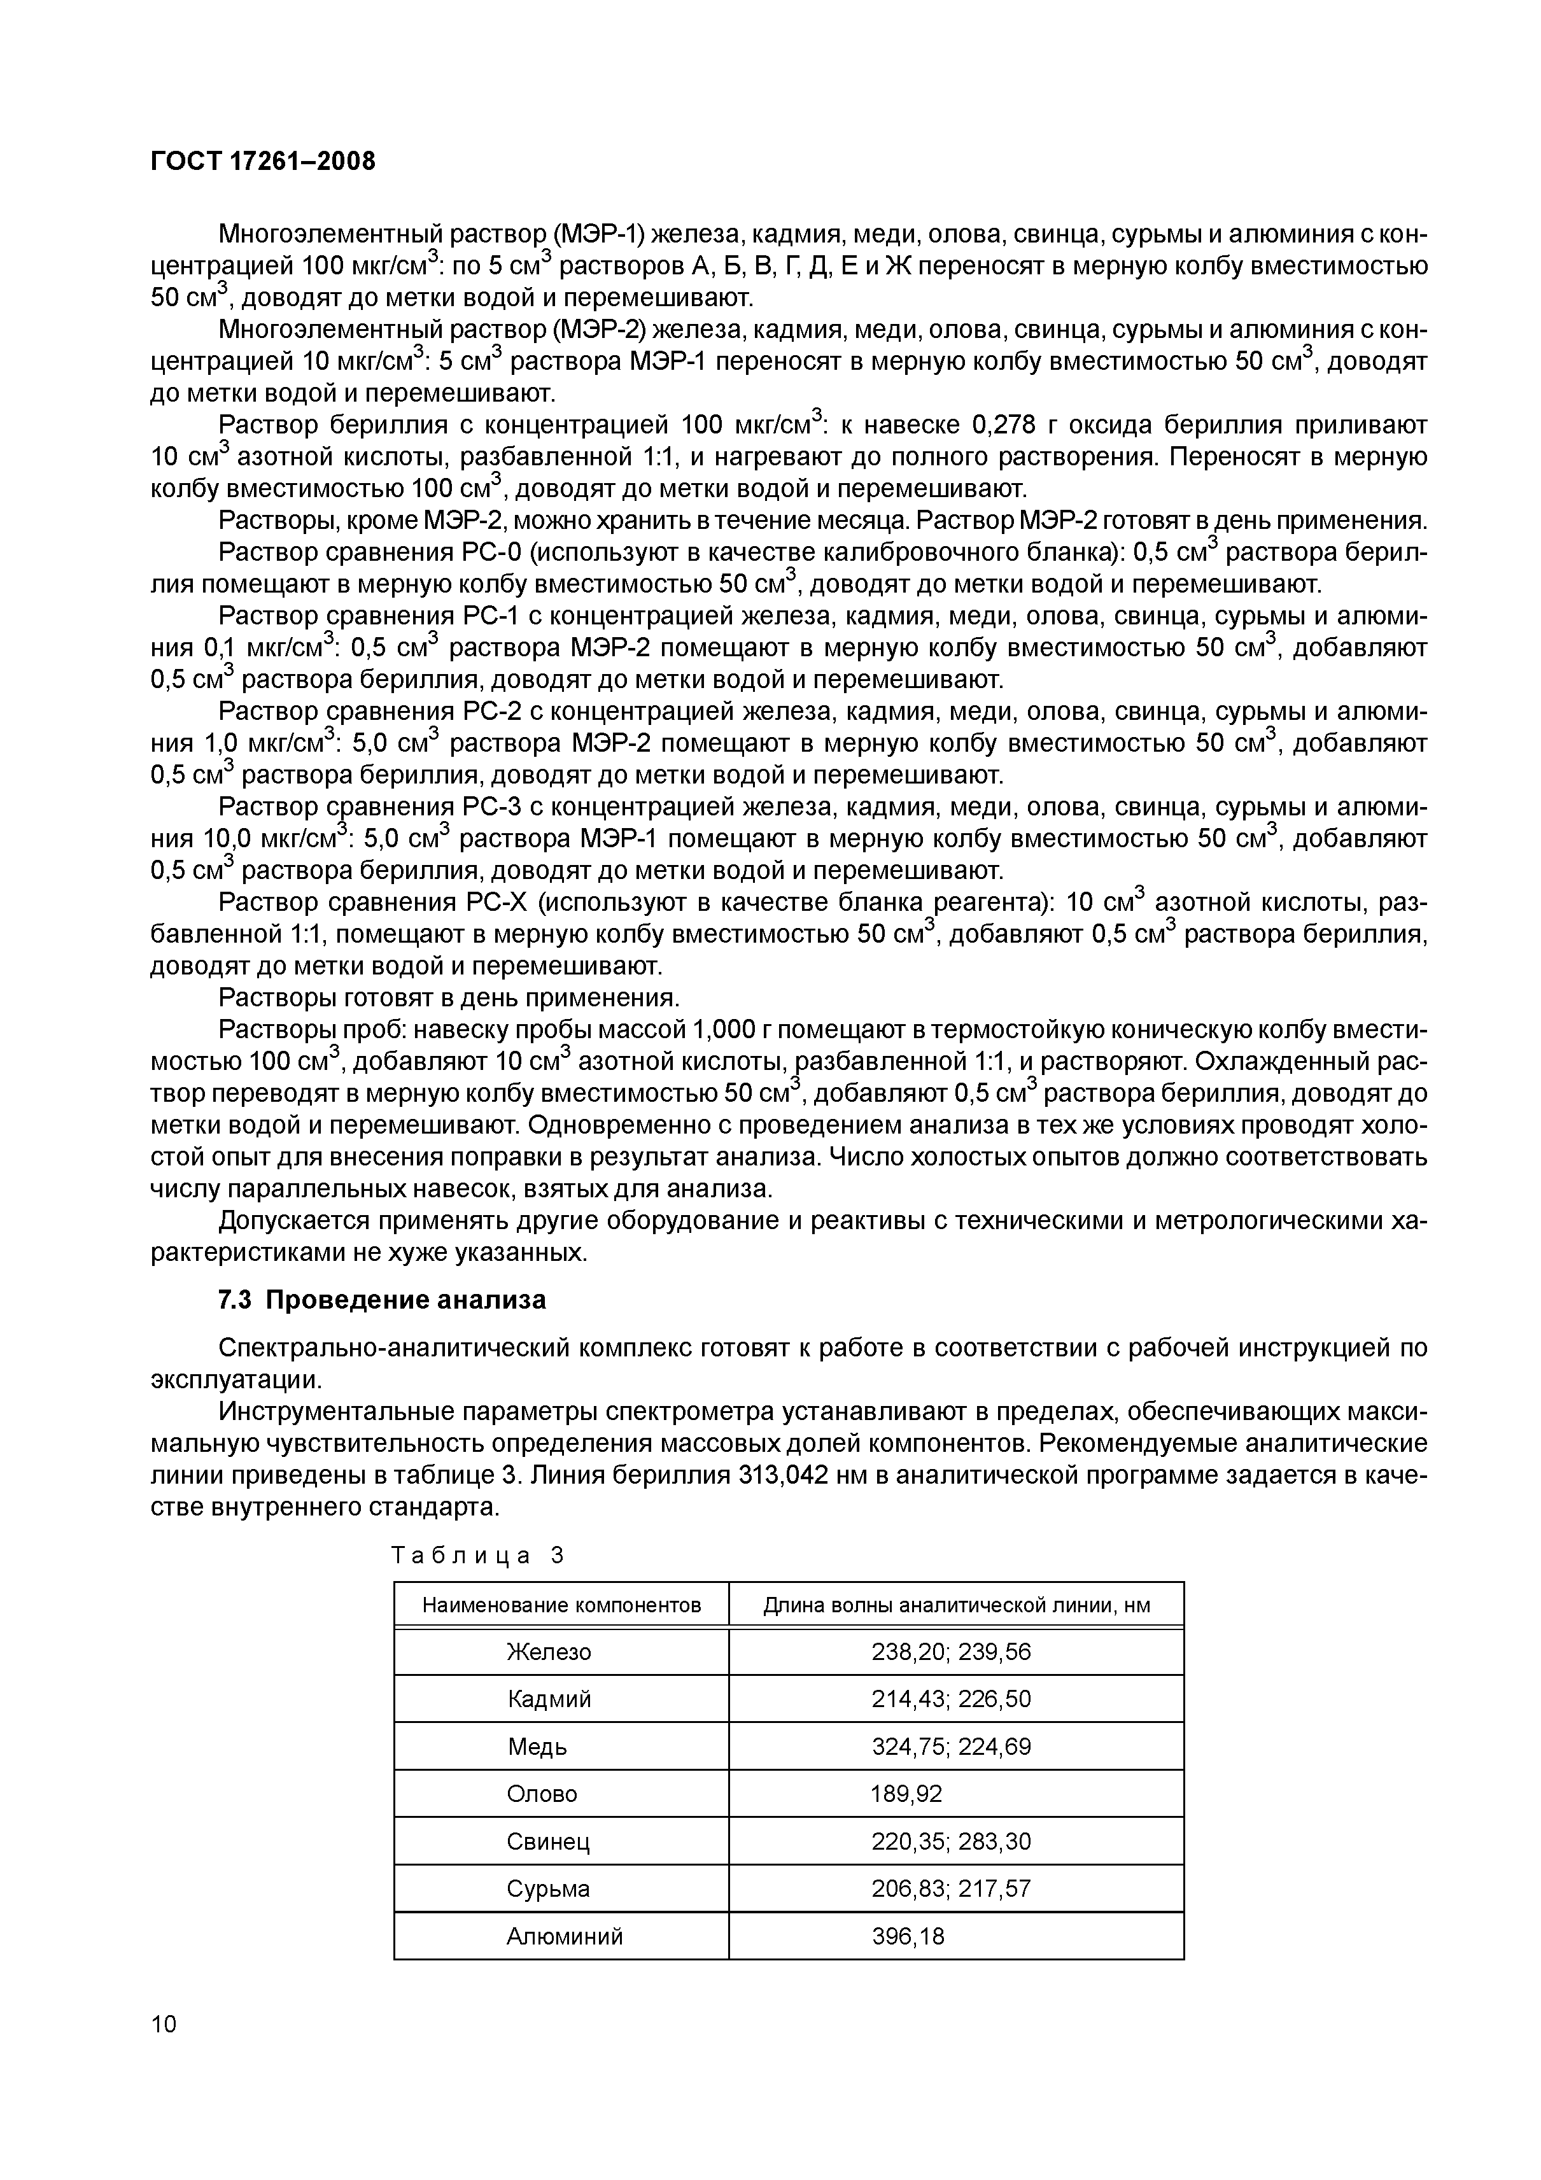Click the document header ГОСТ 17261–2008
pyautogui.click(x=263, y=162)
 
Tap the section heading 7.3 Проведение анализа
pyautogui.click(x=382, y=1300)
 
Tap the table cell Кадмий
pyautogui.click(x=549, y=1699)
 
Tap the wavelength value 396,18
pyautogui.click(x=908, y=1937)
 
